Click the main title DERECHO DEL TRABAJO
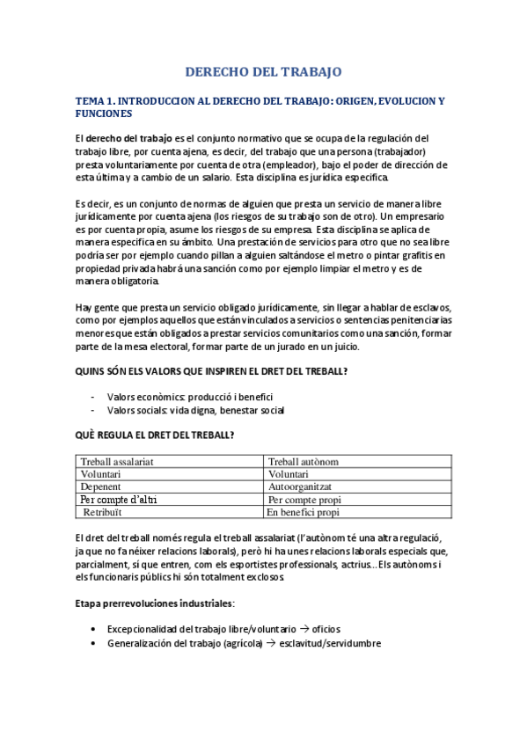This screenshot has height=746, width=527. coord(263,71)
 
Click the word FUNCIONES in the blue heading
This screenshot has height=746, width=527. coord(104,114)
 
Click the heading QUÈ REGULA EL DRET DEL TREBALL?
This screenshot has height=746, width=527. coord(155,435)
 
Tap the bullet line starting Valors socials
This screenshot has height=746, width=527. coord(195,410)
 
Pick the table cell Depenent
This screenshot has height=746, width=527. coord(101,486)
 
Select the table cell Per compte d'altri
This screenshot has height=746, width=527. coord(119,500)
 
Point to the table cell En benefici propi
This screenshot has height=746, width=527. coord(304,512)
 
